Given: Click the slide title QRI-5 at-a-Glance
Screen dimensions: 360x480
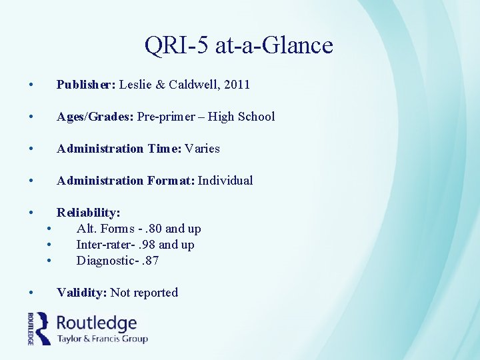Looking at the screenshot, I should pos(239,45).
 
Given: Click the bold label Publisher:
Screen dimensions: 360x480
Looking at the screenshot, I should pos(87,85).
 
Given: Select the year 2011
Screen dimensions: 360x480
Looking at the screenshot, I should pos(238,85).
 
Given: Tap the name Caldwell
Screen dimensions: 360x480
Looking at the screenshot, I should pos(196,85).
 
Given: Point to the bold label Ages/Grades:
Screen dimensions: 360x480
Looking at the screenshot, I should pos(95,117).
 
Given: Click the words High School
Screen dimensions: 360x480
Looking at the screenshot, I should pos(241,117).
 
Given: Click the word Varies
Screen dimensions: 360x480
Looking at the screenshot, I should pos(203,149).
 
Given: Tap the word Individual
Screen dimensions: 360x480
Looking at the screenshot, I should pos(225,181).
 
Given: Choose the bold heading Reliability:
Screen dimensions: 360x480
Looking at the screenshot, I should pos(89,213).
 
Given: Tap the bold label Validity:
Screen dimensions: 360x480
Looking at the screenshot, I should pos(82,293).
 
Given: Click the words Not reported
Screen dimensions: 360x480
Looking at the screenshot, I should pos(144,293).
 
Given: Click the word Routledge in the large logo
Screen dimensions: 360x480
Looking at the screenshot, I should pos(97,323).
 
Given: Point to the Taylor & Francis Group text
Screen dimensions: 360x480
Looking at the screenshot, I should pos(102,339).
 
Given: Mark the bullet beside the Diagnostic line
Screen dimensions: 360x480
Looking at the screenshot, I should pos(50,261).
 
